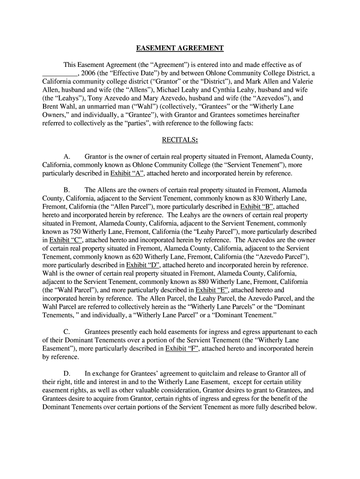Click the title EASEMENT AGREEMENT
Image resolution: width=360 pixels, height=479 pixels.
pos(180,48)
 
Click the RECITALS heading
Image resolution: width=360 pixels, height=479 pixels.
pos(180,140)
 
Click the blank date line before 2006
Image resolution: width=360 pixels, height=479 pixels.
pos(59,73)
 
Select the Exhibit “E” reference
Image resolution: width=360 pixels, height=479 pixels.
pos(211,290)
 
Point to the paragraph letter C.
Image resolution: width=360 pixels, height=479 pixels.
pos(66,332)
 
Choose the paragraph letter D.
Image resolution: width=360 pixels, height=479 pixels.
pos(66,373)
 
